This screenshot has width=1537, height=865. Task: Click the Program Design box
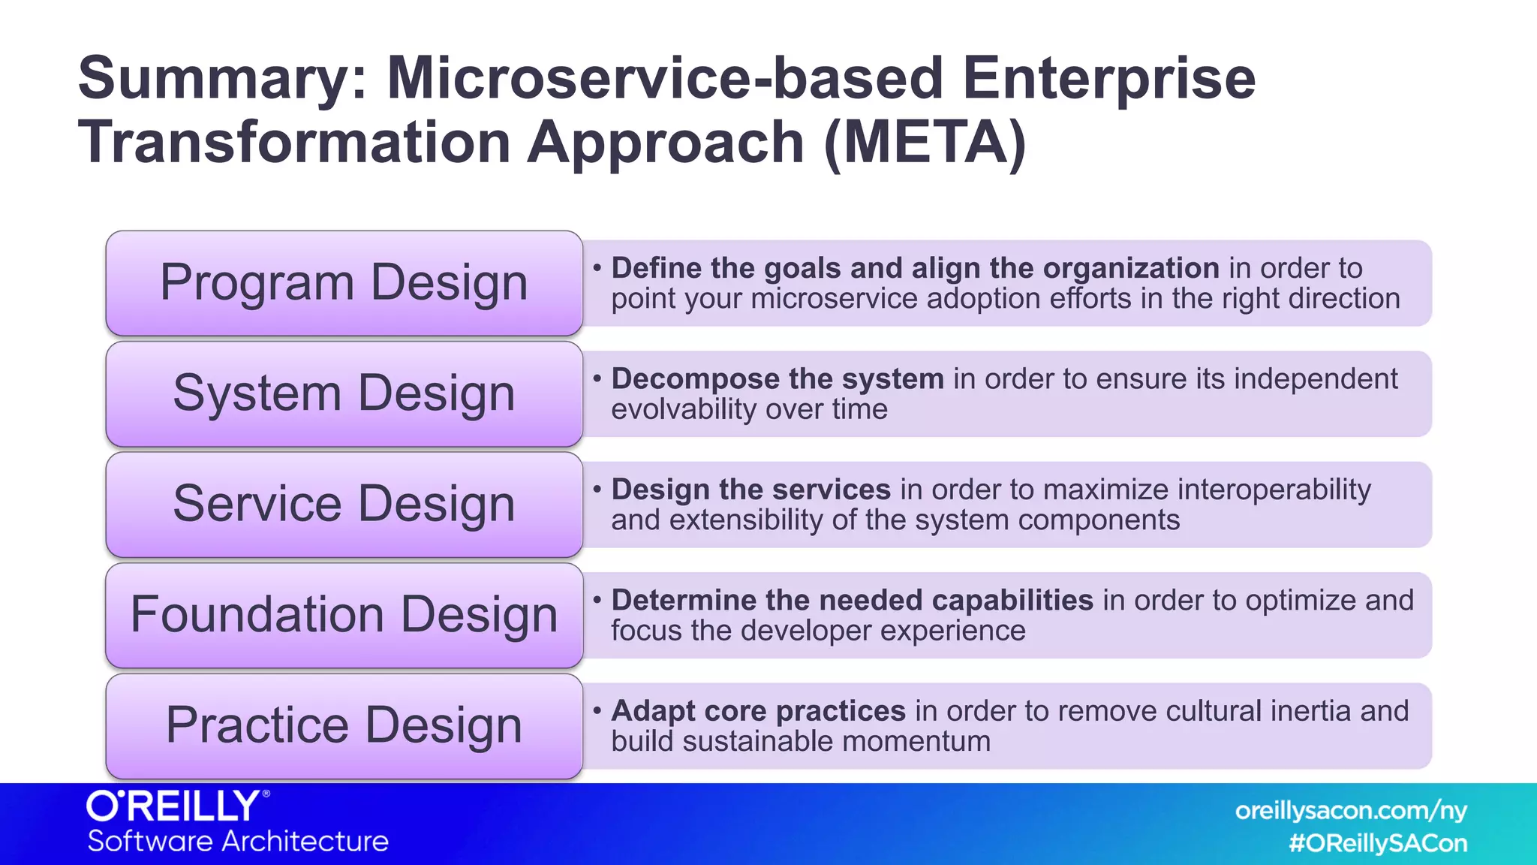(x=344, y=283)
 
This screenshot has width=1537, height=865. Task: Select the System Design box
(x=344, y=393)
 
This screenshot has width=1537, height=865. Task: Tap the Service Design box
(x=344, y=504)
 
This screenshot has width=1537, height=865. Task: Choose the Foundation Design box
(x=344, y=615)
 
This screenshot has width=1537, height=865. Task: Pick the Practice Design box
(x=344, y=725)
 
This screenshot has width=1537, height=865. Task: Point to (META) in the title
(x=925, y=143)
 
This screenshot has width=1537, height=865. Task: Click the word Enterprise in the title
(x=1108, y=79)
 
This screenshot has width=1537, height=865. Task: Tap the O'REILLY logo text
(x=176, y=807)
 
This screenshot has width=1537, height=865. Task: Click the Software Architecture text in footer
(x=238, y=841)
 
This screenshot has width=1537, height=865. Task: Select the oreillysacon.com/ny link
(x=1351, y=811)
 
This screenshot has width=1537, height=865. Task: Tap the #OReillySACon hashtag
(x=1378, y=843)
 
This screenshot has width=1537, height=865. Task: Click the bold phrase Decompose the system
(x=778, y=379)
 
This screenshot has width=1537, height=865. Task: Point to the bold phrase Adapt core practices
(x=758, y=711)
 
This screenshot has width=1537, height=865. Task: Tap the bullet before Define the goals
(x=597, y=268)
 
